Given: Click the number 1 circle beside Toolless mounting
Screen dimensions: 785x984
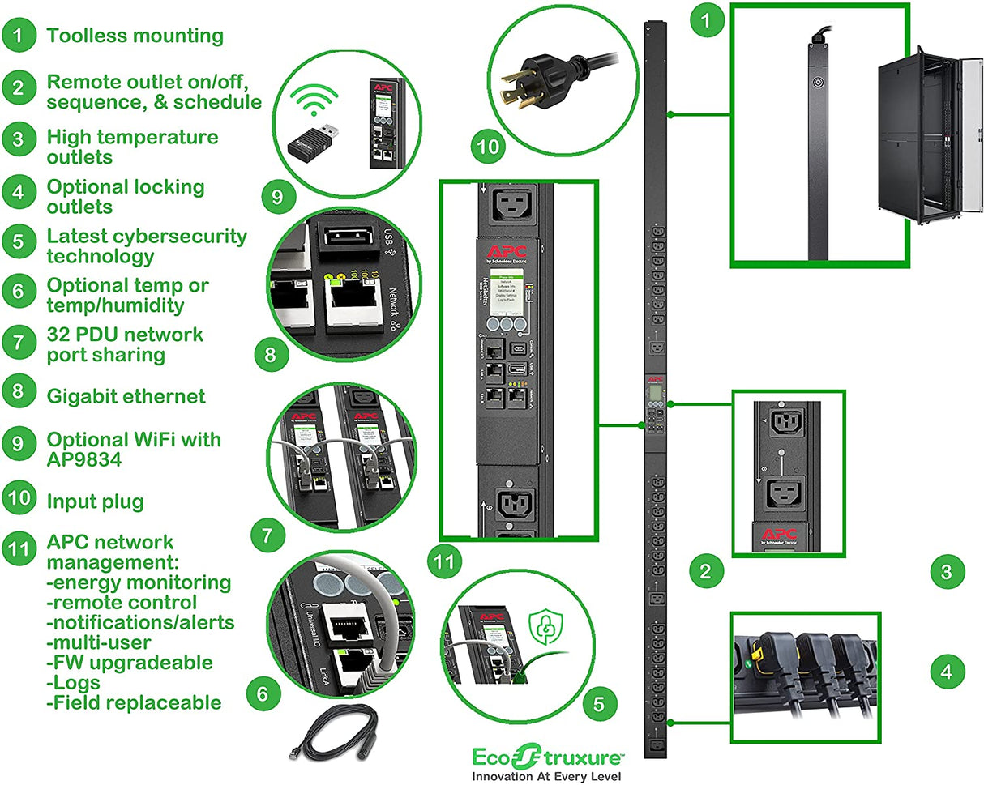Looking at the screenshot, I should pyautogui.click(x=18, y=36).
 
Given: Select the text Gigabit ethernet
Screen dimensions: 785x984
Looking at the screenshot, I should pyautogui.click(x=126, y=396).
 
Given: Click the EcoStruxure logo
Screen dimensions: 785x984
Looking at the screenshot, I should pyautogui.click(x=548, y=757).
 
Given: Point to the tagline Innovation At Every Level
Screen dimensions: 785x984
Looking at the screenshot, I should pyautogui.click(x=548, y=775).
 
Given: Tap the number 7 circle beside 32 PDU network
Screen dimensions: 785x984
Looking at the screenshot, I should pyautogui.click(x=18, y=344).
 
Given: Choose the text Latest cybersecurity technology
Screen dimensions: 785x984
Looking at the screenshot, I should pyautogui.click(x=146, y=246).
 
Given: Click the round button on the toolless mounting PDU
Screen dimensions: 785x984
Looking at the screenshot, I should pyautogui.click(x=816, y=83).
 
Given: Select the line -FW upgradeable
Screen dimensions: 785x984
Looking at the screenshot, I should pyautogui.click(x=130, y=663).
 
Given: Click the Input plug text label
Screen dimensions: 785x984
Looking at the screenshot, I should pyautogui.click(x=95, y=501).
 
